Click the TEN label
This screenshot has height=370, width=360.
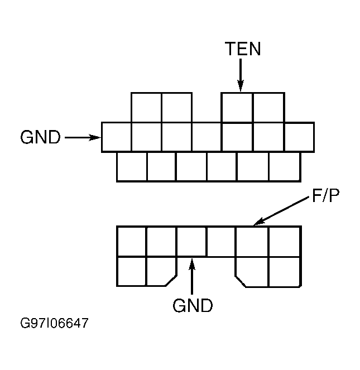[x=243, y=49]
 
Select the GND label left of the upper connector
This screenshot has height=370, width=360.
[x=40, y=137]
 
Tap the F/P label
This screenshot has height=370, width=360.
[x=324, y=198]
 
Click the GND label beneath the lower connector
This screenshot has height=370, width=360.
[x=193, y=306]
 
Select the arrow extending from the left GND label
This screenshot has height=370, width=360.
[x=83, y=137]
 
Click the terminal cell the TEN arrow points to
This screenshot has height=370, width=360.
[x=237, y=107]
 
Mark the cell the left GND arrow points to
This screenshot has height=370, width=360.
[x=116, y=137]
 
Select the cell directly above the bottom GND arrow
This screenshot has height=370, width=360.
[x=191, y=241]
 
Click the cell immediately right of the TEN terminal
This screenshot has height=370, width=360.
[x=268, y=107]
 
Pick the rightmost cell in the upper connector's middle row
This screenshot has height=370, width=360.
[x=299, y=137]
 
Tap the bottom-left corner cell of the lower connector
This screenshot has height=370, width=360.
[x=132, y=271]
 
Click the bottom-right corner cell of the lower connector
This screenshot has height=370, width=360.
[x=285, y=271]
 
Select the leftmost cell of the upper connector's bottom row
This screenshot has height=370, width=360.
[x=132, y=166]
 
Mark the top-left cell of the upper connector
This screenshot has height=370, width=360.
[x=146, y=107]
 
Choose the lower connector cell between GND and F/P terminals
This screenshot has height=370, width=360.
[x=222, y=241]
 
